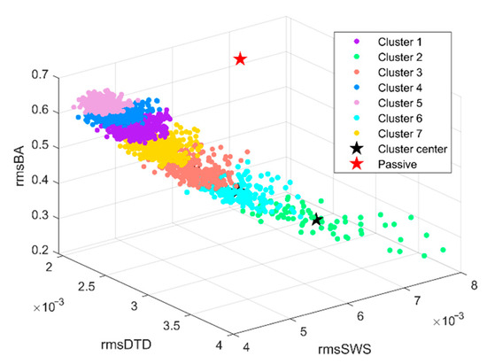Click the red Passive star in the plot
click(240, 58)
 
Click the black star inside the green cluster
click(317, 220)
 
